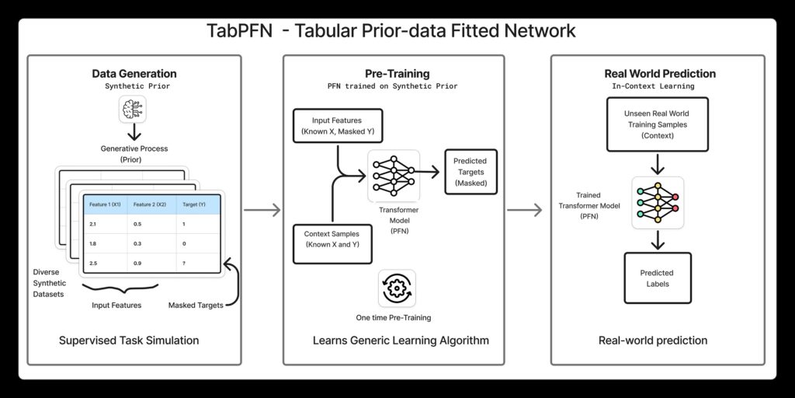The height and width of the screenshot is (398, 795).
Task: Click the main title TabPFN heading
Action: click(x=391, y=31)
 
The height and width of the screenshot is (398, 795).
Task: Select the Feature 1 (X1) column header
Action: click(x=105, y=204)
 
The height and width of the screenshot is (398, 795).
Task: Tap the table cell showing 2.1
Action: click(x=94, y=224)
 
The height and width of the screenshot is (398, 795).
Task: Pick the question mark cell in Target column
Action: click(x=182, y=264)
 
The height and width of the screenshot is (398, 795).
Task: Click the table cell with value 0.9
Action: click(x=137, y=264)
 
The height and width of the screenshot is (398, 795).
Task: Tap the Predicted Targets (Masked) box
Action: click(x=470, y=172)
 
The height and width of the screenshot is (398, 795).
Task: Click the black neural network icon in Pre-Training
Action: click(x=393, y=173)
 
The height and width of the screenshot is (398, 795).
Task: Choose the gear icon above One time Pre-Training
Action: click(x=396, y=288)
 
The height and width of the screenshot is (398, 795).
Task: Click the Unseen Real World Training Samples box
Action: click(x=657, y=124)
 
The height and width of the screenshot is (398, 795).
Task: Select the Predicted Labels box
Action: click(x=657, y=278)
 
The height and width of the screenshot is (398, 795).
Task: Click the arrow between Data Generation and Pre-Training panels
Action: click(x=262, y=209)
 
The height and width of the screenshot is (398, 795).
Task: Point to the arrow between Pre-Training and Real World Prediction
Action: click(x=526, y=209)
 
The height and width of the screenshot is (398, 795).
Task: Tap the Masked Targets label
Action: click(x=196, y=305)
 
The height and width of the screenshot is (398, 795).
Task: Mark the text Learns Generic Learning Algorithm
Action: click(x=401, y=340)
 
